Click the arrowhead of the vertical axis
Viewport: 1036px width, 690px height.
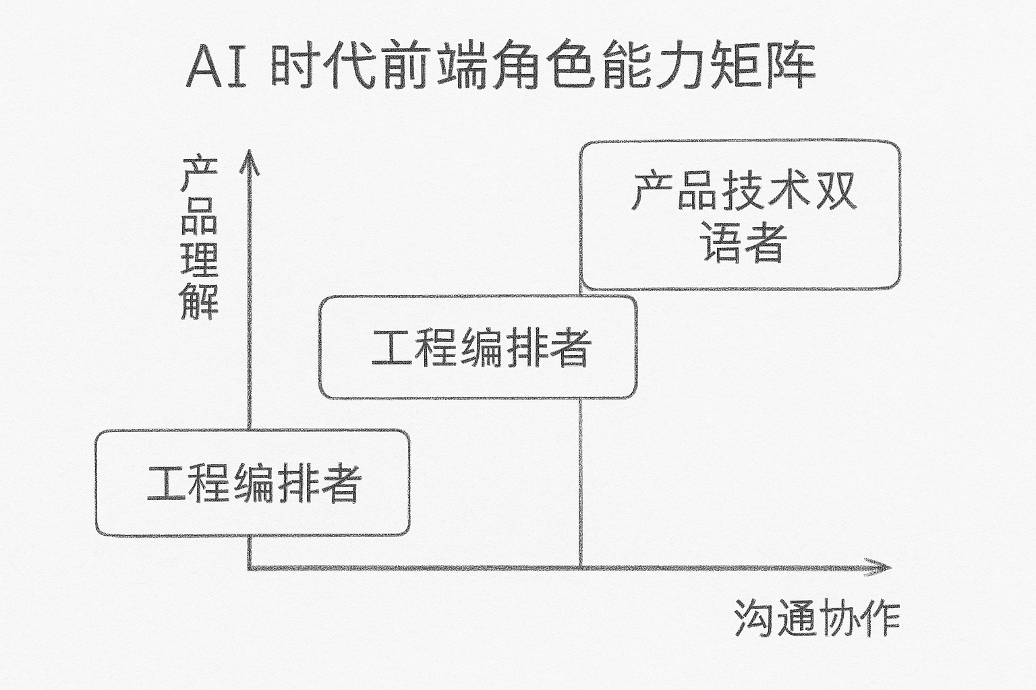click(x=250, y=159)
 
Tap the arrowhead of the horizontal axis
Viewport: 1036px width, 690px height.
click(x=880, y=567)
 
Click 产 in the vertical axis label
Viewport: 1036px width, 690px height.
click(x=199, y=175)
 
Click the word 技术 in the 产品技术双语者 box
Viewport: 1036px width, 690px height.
click(x=766, y=191)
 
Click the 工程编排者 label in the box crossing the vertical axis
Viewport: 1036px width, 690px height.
click(x=254, y=482)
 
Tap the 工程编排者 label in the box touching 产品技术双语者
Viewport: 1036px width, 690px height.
click(x=481, y=348)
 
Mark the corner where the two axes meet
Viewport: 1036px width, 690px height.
click(x=250, y=568)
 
